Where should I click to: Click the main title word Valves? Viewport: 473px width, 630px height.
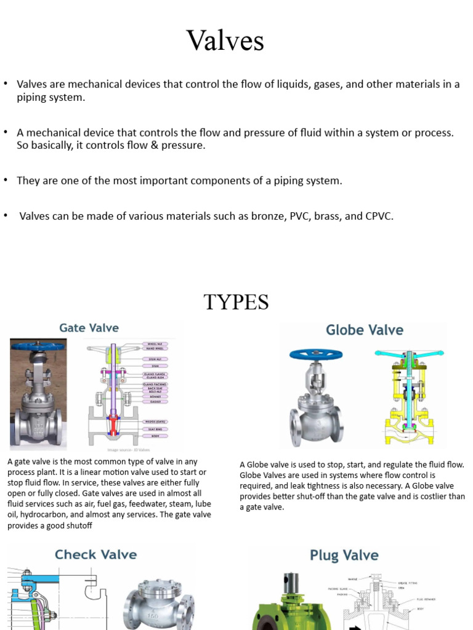tap(225, 41)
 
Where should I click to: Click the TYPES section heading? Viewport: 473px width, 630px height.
tap(236, 302)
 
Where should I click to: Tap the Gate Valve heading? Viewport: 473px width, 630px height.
tap(89, 328)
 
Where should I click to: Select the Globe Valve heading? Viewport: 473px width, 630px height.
tap(364, 330)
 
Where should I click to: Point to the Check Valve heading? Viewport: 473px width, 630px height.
tap(95, 554)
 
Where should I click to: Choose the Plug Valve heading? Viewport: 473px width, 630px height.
tap(344, 556)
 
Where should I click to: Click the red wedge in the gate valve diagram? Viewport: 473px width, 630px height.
tap(113, 423)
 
